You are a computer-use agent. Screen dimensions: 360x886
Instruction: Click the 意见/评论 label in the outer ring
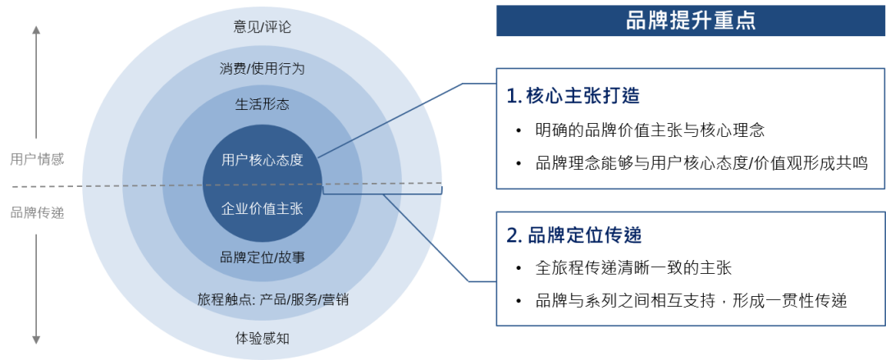pos(263,27)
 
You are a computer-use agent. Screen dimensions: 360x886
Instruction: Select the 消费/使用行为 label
pos(263,68)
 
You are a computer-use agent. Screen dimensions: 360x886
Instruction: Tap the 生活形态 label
pos(263,105)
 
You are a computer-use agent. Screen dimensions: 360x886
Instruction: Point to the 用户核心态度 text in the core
pos(263,160)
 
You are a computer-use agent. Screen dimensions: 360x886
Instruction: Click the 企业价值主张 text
pos(263,208)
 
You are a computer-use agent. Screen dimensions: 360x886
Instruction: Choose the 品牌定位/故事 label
pos(263,257)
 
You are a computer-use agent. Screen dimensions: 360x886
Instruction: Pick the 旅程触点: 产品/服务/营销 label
pos(273,299)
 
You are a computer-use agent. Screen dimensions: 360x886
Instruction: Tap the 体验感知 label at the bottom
pos(263,337)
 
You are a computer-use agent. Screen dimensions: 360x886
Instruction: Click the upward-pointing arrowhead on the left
pos(36,30)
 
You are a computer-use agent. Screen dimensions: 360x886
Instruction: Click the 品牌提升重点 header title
pos(690,21)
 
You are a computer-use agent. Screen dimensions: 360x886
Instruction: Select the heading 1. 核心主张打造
pos(573,96)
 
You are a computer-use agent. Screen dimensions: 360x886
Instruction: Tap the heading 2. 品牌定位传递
pos(573,236)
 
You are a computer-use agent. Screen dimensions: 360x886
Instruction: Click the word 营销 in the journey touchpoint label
pos(335,299)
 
